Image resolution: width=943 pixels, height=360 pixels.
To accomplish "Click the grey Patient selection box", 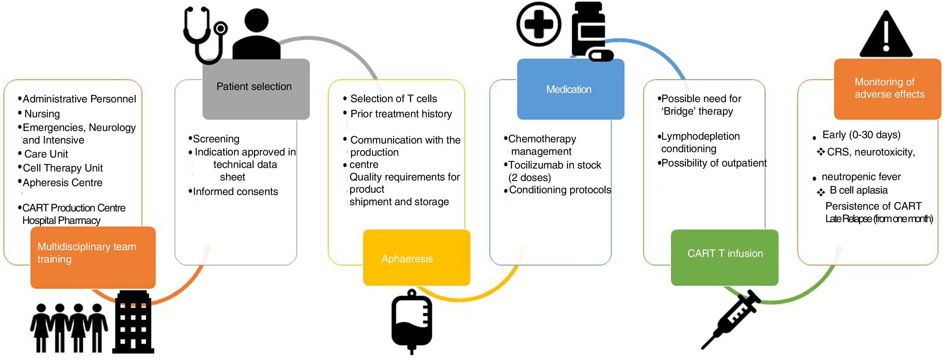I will coord(256,89).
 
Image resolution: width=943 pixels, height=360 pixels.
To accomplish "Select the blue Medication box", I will coord(570,89).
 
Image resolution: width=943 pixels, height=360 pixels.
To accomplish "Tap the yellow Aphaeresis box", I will coord(416,258).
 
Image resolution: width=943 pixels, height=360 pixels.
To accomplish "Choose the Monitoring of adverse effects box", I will coord(887,89).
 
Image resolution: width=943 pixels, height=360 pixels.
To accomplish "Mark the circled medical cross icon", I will coord(538,24).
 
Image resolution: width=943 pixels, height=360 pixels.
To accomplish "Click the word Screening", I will coord(216,139).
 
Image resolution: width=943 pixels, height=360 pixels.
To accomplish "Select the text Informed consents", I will coord(236,191).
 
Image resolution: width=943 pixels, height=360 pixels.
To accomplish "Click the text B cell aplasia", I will coord(858,190).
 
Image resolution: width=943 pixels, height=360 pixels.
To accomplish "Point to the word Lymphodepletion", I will coord(700,136).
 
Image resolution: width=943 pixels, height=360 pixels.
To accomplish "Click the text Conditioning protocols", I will coord(560,190).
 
